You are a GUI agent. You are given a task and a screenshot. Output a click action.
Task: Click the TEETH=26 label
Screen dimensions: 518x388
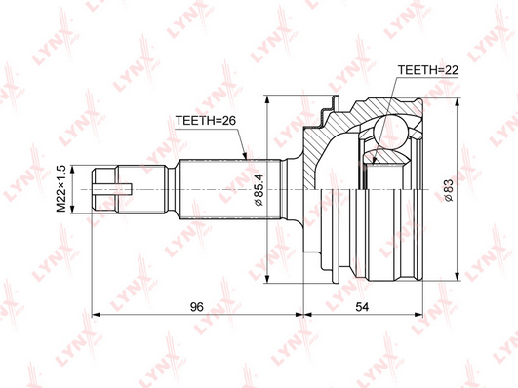[205, 121]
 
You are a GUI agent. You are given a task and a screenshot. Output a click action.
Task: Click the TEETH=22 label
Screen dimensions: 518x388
[428, 70]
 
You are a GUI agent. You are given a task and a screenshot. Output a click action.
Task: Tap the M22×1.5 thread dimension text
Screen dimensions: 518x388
[61, 189]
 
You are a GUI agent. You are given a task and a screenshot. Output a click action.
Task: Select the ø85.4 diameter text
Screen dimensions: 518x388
[259, 189]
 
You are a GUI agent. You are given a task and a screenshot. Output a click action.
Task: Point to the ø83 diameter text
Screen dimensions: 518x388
[449, 189]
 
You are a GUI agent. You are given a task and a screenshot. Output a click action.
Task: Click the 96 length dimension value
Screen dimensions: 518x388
[196, 307]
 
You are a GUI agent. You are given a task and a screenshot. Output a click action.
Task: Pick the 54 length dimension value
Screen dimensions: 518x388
[362, 307]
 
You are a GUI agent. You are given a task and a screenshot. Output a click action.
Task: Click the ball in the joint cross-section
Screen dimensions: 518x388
[390, 130]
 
